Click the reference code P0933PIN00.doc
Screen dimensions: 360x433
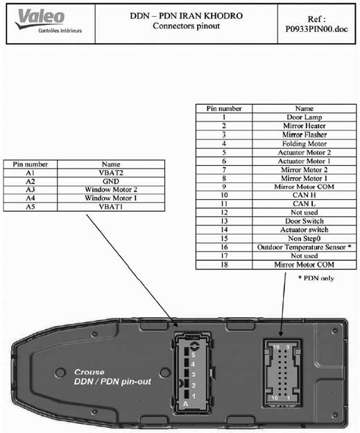pos(316,29)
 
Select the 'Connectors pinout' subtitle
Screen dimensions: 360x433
pos(187,26)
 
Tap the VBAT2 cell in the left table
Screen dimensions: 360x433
pos(111,173)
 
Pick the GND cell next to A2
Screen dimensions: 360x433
pos(111,181)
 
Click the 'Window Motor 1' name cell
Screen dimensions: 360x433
pos(111,198)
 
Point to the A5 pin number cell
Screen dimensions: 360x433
pos(31,207)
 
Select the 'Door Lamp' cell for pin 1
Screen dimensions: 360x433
pos(305,117)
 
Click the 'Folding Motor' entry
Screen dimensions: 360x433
pos(305,144)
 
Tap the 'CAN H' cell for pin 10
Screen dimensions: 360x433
pos(305,195)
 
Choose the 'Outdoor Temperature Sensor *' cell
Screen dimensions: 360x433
pos(305,247)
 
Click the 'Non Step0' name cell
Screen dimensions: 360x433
pos(305,239)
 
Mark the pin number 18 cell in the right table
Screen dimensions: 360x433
pos(224,264)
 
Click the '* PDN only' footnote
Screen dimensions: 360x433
pos(316,278)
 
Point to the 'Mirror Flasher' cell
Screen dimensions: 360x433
pos(305,135)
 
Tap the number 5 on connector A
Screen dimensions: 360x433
pos(194,355)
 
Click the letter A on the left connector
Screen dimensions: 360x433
pos(185,404)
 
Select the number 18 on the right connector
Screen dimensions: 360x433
pos(276,347)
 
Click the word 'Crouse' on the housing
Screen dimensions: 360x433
pos(89,372)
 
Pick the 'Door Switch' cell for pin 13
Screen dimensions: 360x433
pos(305,221)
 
